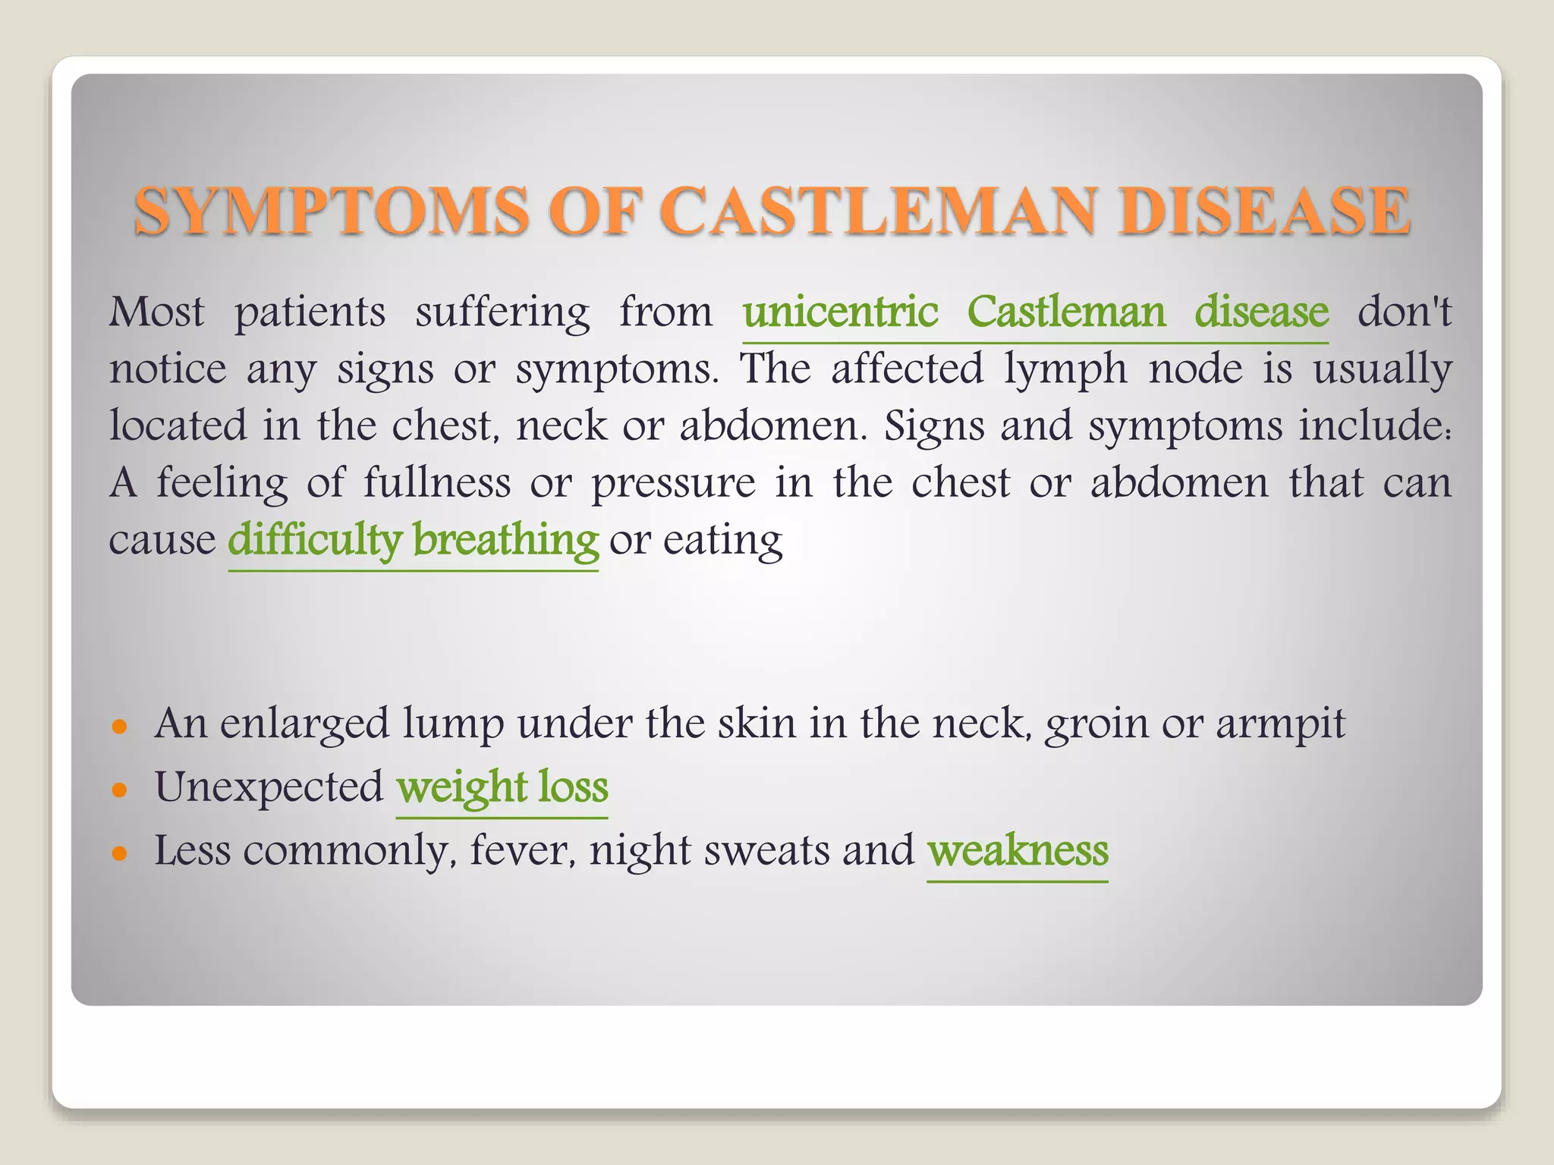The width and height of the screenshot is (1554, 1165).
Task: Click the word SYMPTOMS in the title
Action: [x=331, y=211]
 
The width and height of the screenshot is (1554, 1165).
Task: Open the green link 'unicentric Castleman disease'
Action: [x=1035, y=312]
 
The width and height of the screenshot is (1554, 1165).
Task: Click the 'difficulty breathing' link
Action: [x=414, y=541]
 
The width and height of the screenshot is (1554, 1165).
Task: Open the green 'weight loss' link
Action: [x=502, y=787]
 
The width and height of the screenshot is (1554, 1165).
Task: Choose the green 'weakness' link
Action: [x=1018, y=851]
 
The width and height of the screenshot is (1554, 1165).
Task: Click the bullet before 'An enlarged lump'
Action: [x=118, y=727]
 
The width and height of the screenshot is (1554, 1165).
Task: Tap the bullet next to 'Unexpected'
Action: [x=118, y=790]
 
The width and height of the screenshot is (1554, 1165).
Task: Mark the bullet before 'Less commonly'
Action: [x=118, y=854]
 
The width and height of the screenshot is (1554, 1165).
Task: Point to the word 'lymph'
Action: [x=1065, y=370]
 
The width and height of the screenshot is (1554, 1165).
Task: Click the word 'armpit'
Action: [x=1281, y=725]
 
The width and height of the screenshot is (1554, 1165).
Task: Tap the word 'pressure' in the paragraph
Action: [x=674, y=484]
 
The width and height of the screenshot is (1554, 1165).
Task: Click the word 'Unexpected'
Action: [x=269, y=787]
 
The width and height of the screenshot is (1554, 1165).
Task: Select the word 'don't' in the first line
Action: [x=1404, y=312]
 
